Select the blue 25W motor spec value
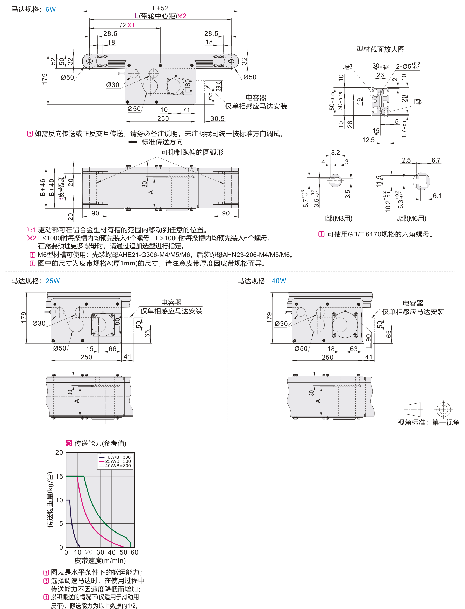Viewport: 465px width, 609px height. pos(52,281)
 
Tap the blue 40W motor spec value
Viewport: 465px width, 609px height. pos(278,281)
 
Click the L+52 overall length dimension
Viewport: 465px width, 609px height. pos(161,8)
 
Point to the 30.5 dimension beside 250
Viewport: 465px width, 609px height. pos(217,118)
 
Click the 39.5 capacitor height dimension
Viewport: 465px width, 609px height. pos(219,86)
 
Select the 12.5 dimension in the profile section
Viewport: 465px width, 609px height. pos(368,140)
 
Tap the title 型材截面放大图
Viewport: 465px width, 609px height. pos(380,49)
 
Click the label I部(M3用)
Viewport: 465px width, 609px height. pos(338,219)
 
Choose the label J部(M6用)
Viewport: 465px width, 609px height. pos(411,219)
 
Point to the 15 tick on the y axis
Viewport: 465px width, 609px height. pos(59,476)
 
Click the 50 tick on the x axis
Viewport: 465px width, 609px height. pos(124,552)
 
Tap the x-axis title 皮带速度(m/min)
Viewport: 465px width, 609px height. pos(100,561)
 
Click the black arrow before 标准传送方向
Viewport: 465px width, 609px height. pos(132,142)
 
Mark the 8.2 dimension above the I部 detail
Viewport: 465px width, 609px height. pos(335,152)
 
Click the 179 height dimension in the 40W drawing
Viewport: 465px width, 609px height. pos(269,317)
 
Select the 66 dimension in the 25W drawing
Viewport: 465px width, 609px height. pos(112,349)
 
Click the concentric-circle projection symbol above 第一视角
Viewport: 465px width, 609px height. pos(443,409)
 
